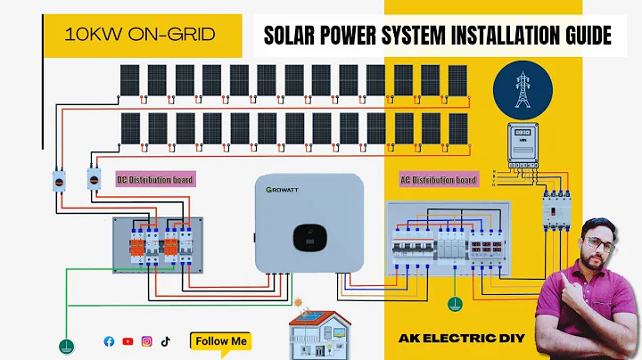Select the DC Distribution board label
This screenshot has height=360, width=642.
[x=155, y=180]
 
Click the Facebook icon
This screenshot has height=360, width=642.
[x=110, y=341]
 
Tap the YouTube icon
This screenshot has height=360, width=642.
[x=128, y=341]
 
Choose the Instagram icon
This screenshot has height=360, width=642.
[x=147, y=341]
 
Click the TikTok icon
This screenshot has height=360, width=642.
[x=166, y=341]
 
